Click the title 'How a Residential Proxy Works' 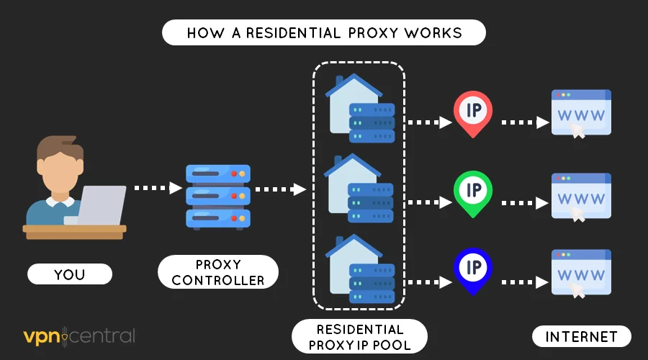tap(324, 33)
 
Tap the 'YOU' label tap(70, 274)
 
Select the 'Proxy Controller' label tap(218, 271)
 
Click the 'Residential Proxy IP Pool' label tap(359, 336)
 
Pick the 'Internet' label tap(581, 336)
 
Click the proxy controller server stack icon tap(216, 196)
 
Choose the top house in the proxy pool tap(353, 104)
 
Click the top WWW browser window tap(580, 112)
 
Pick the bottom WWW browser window tap(580, 272)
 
